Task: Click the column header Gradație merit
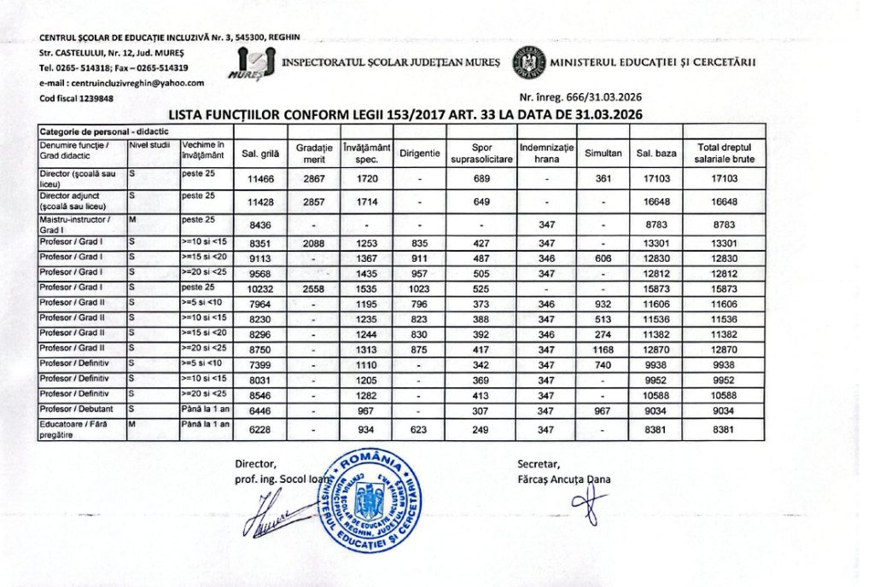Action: point(314,153)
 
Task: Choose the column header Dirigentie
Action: point(420,153)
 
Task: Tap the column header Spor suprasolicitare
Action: point(481,153)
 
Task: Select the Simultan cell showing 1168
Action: point(603,350)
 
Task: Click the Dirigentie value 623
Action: point(420,430)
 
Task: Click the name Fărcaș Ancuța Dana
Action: point(563,479)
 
